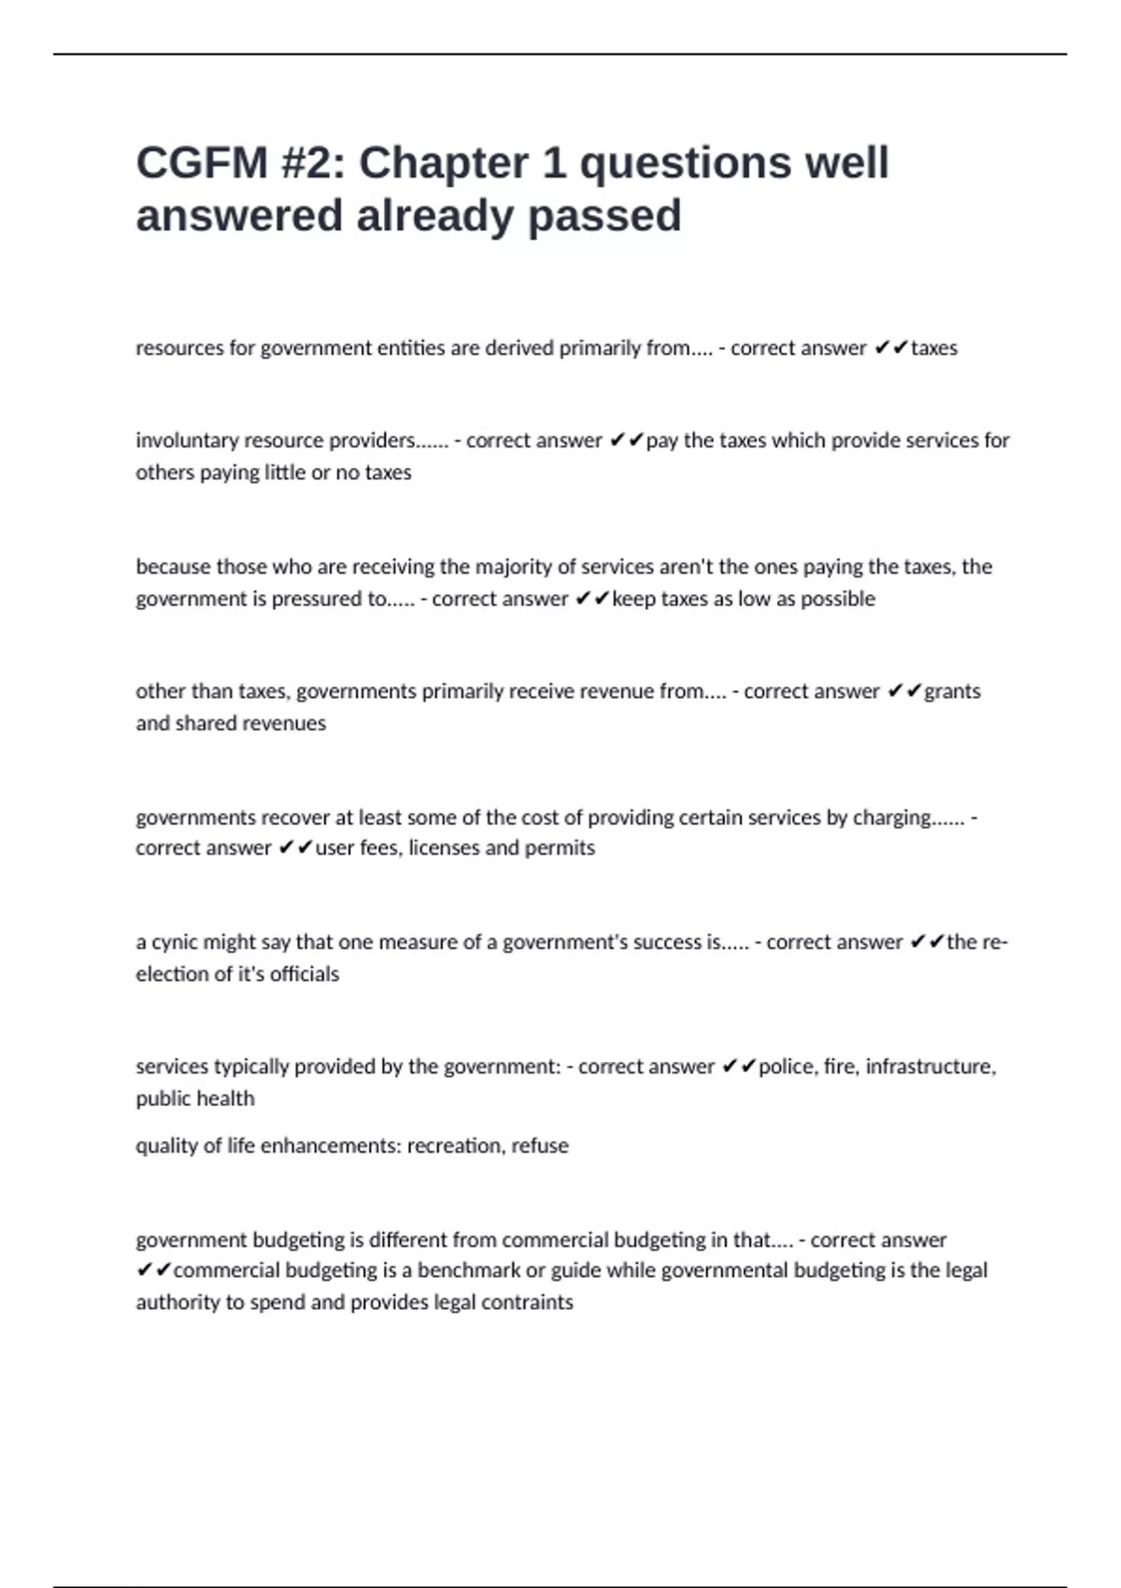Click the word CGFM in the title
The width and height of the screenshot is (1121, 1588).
[202, 163]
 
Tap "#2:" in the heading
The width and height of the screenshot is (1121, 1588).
[312, 163]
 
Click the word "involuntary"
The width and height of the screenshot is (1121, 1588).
[186, 440]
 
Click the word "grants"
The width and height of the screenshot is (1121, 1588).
[952, 691]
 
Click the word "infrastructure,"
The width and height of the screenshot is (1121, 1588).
[930, 1067]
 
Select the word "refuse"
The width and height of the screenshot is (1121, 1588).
[540, 1146]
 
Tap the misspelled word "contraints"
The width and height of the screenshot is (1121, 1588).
[527, 1302]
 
